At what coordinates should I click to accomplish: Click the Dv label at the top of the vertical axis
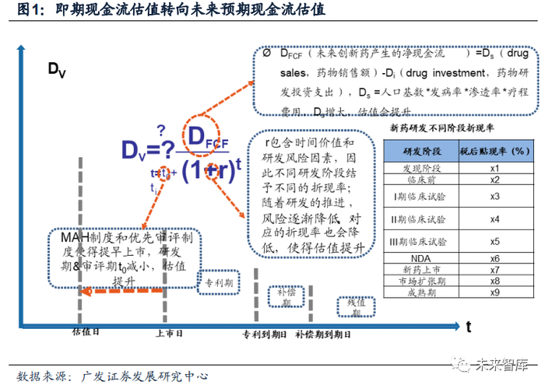[57, 71]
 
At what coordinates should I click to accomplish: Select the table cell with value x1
[494, 167]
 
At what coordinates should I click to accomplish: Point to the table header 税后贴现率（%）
[494, 150]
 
